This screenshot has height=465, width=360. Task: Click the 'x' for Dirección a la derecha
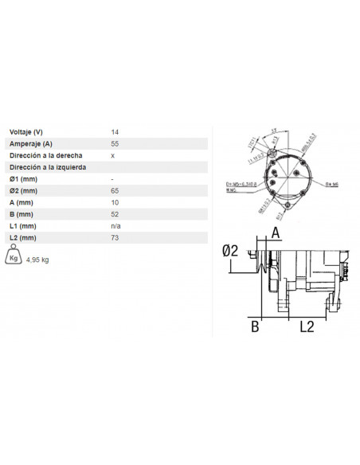coord(112,155)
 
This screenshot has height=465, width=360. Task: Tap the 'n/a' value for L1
coord(115,227)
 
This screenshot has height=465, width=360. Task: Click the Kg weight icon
coord(14,257)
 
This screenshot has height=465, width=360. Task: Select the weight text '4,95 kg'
coord(38,260)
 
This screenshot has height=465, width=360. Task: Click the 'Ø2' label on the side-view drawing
coord(230,251)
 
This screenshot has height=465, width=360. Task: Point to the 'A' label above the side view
coord(276,232)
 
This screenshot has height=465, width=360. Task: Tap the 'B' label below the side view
coord(255,326)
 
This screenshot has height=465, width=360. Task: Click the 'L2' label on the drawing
coord(307,326)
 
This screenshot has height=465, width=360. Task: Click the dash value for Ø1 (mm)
coord(112,179)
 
